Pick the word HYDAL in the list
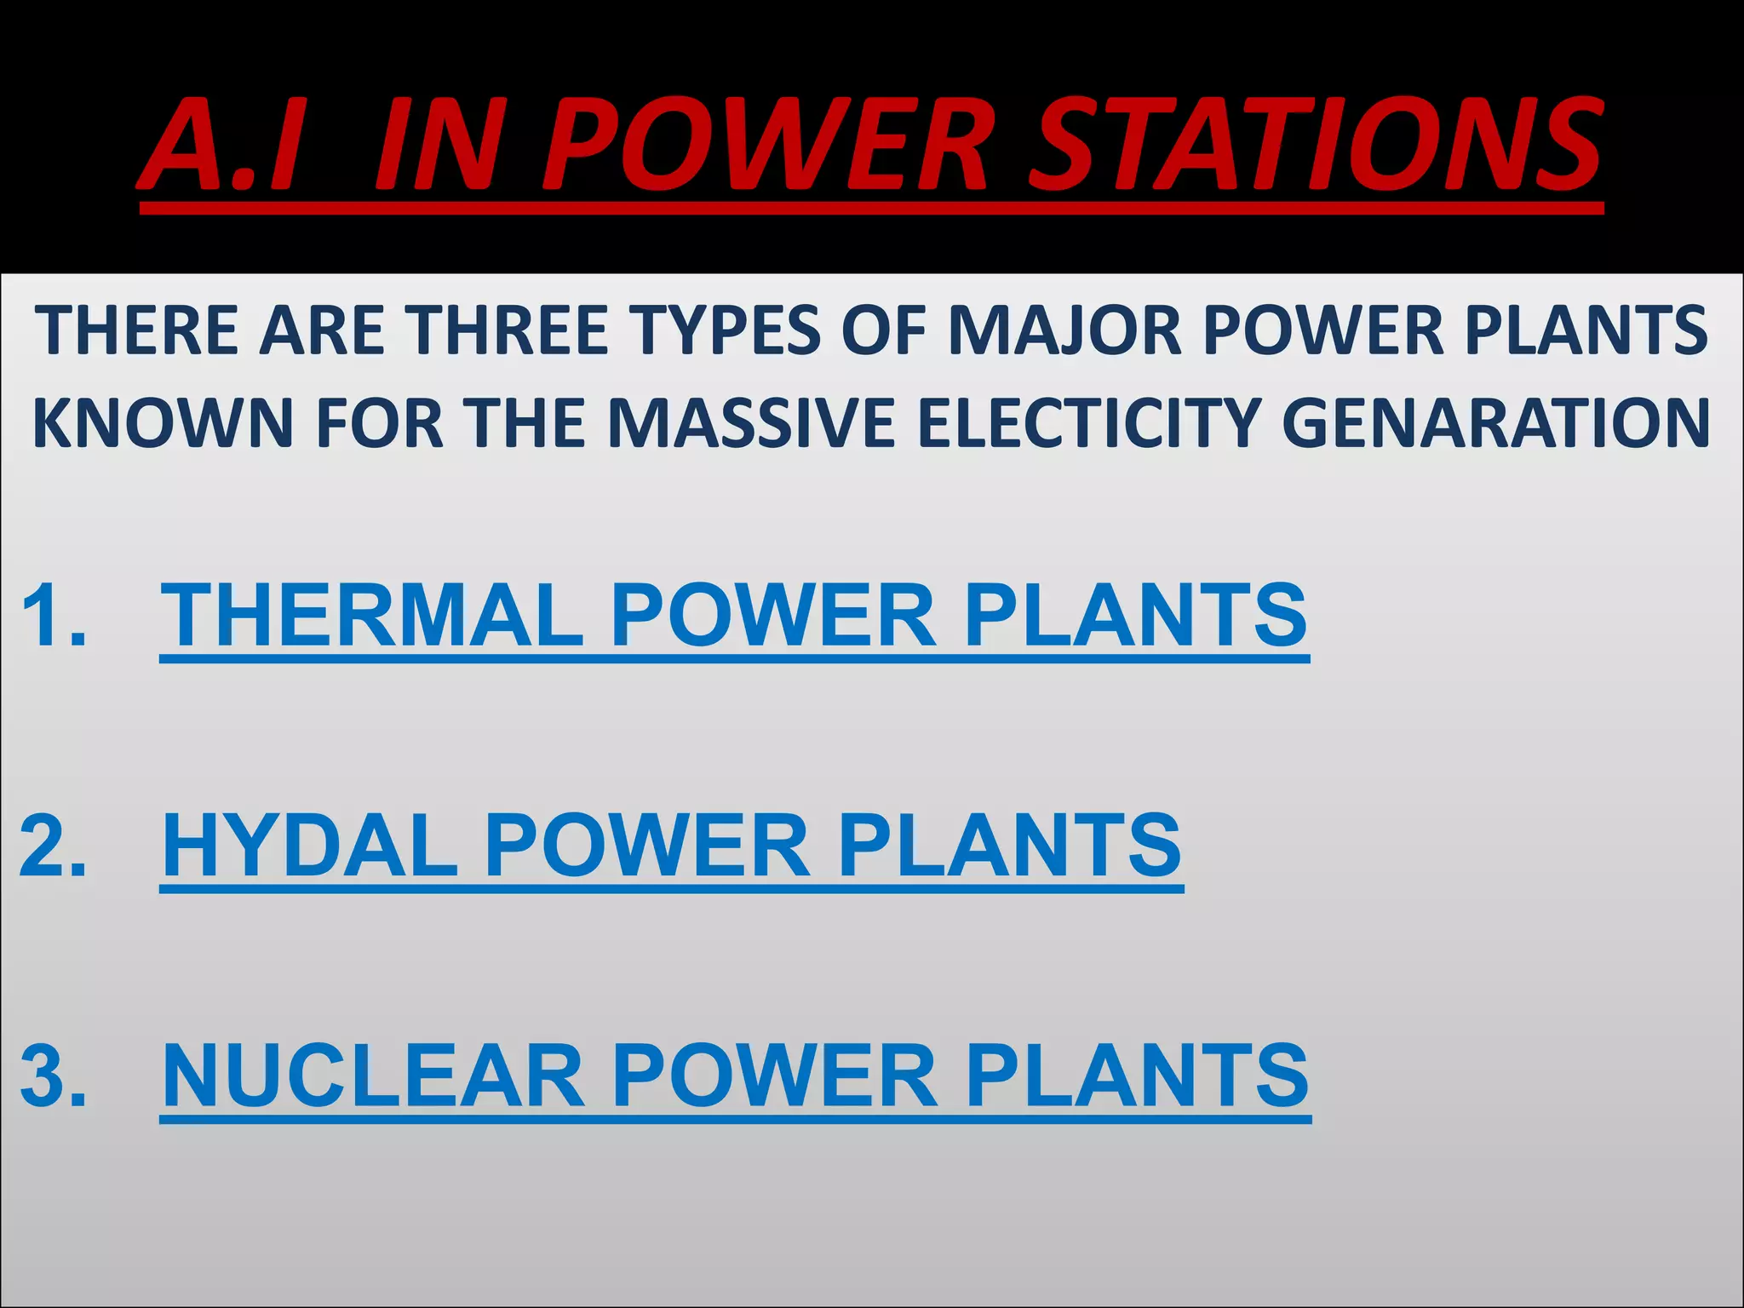310,846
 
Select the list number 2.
53,846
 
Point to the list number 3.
53,1076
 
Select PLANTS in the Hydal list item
1010,846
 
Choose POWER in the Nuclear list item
775,1076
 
